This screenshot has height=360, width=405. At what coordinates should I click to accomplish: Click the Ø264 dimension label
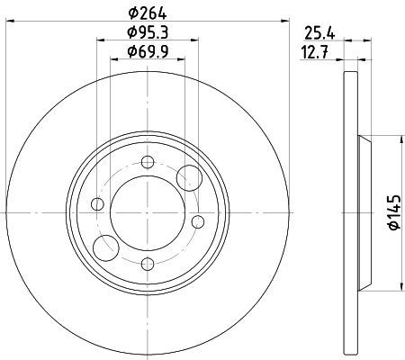pos(148,13)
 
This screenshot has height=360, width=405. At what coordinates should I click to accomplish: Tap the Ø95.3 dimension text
pos(148,32)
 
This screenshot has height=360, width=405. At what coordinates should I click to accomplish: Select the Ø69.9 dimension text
pos(148,51)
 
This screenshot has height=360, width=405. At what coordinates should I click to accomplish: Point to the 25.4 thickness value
pos(319,33)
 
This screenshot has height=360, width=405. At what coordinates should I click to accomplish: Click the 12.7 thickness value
pos(315,53)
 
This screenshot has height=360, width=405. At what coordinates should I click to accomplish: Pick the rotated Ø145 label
pos(394,212)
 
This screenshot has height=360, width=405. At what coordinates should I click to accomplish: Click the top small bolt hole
pos(148,162)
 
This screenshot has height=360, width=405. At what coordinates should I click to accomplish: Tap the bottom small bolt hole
pos(148,264)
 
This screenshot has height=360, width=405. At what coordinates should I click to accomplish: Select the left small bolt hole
pos(97,204)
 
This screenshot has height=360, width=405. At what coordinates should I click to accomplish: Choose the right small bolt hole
pos(198,221)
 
